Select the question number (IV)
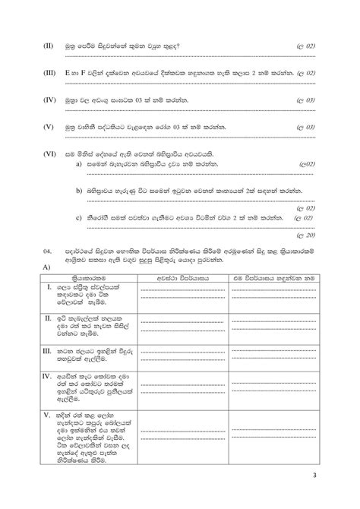pyautogui.click(x=49, y=100)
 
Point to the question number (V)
pyautogui.click(x=49, y=127)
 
